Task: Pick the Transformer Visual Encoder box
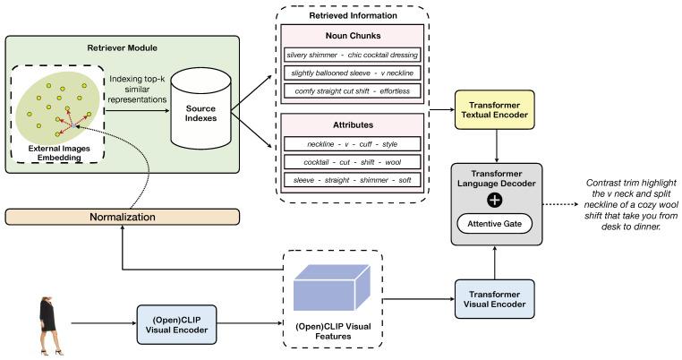(x=494, y=297)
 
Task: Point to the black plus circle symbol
(x=494, y=199)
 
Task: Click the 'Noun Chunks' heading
(x=354, y=36)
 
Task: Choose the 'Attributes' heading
(x=354, y=126)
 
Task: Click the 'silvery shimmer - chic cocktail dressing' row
(x=354, y=55)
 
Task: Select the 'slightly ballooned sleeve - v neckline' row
(x=354, y=73)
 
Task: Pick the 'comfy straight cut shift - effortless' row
(x=354, y=91)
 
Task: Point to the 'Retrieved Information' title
(x=354, y=15)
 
